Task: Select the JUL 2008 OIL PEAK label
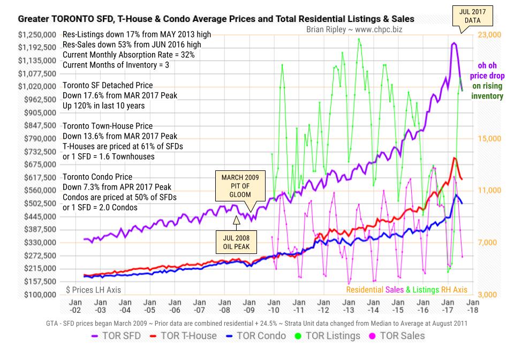[236, 242]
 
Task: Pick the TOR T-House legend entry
[183, 336]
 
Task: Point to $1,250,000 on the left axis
[37, 35]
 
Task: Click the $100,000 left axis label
[39, 295]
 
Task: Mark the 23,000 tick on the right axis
[490, 35]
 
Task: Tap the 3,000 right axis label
[488, 295]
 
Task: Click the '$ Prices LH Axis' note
[94, 290]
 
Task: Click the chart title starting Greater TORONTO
[216, 19]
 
